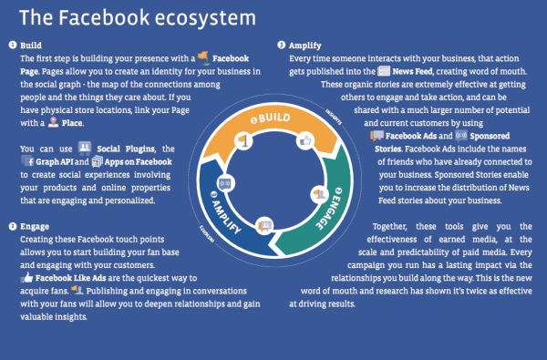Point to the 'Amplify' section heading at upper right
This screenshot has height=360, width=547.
click(306, 44)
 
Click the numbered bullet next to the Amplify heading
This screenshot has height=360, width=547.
click(281, 44)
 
